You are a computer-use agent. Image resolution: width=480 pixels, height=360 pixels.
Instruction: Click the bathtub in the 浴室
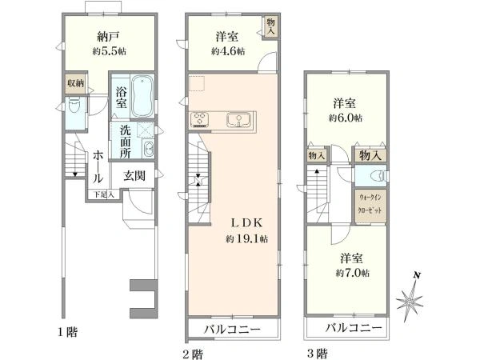(x=142, y=96)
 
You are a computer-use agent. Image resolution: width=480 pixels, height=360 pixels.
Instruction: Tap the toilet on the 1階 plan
(x=74, y=106)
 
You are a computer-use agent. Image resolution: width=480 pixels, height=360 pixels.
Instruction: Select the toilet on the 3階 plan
(x=376, y=176)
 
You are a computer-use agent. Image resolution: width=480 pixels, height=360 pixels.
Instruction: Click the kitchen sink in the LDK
(x=239, y=119)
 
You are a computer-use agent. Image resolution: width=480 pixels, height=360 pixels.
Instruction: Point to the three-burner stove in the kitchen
(x=199, y=119)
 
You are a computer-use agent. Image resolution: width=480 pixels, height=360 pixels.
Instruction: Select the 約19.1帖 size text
(x=246, y=238)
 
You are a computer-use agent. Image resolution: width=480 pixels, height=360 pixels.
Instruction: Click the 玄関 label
(x=134, y=175)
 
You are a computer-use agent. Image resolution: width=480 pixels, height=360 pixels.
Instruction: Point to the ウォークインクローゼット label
(x=370, y=204)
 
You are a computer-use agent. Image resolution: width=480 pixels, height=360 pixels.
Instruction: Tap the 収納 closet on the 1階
(x=76, y=82)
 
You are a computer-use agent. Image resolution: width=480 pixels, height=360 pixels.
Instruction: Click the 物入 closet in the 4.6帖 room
(x=271, y=26)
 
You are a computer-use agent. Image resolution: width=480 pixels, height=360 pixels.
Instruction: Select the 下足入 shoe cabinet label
(x=104, y=194)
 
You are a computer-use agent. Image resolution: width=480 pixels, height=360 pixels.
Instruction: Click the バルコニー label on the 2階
(x=233, y=329)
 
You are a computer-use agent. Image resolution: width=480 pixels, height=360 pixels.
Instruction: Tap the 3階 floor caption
(x=317, y=354)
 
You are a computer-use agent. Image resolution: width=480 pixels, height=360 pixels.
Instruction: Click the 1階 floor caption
(x=68, y=331)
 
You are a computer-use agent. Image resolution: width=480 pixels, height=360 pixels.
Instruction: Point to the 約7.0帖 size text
(x=352, y=273)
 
